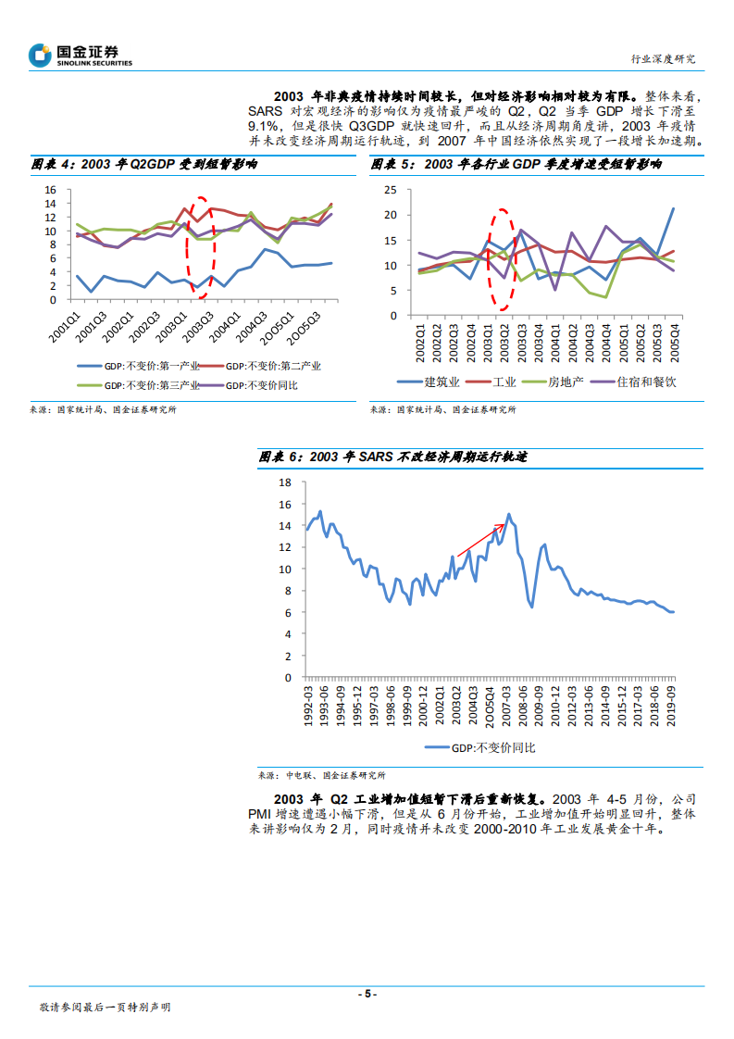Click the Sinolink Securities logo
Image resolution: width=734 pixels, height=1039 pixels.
click(x=81, y=56)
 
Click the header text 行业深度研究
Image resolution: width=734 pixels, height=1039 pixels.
click(x=663, y=58)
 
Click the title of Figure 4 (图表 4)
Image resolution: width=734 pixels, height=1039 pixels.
click(x=145, y=164)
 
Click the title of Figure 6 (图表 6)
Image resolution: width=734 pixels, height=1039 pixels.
click(x=393, y=457)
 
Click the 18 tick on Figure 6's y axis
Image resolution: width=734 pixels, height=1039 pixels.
click(x=285, y=482)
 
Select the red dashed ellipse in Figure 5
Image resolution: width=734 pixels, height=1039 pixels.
click(x=501, y=259)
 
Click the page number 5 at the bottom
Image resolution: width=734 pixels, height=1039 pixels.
click(x=367, y=994)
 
